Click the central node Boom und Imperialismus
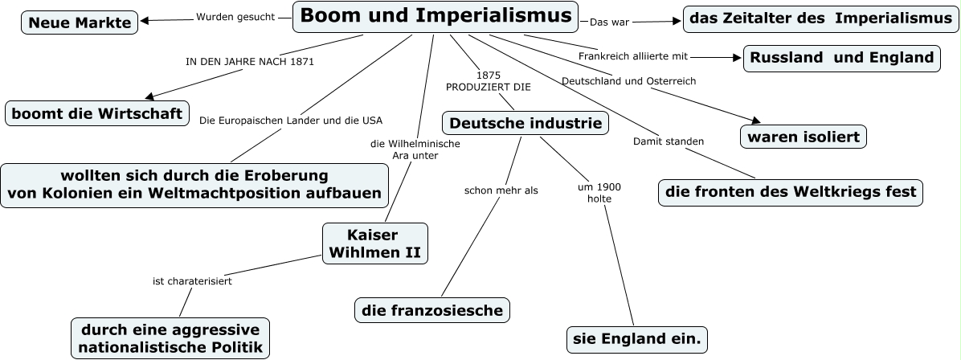(436, 16)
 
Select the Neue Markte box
(79, 22)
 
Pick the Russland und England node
(842, 58)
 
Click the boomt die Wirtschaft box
(96, 112)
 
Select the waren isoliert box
(804, 137)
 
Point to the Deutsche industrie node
(525, 123)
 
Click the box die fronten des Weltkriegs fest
(791, 192)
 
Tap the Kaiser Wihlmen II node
(374, 243)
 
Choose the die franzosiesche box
(432, 309)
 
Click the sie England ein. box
(637, 339)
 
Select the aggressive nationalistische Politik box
(170, 338)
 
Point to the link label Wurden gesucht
(235, 16)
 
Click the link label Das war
(609, 22)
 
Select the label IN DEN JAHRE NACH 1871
(250, 61)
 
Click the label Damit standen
(669, 141)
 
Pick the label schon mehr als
(501, 190)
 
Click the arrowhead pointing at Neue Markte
(144, 21)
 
